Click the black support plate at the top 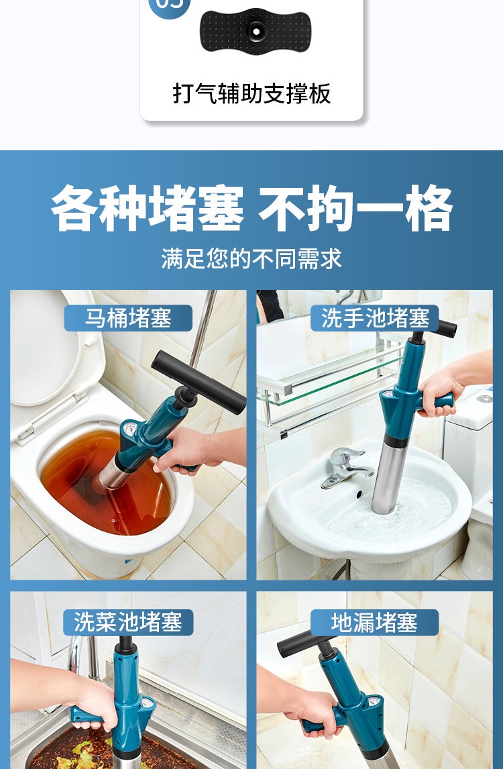[255, 30]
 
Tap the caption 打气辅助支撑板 [251, 93]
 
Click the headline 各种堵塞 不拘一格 [251, 208]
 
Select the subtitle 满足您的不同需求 [251, 258]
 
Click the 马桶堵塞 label [128, 318]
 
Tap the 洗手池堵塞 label [375, 318]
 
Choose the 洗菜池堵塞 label [128, 622]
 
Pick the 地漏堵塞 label [374, 622]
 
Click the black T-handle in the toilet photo [198, 382]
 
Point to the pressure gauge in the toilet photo [130, 429]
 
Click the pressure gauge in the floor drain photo [374, 702]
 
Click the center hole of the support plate [256, 31]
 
